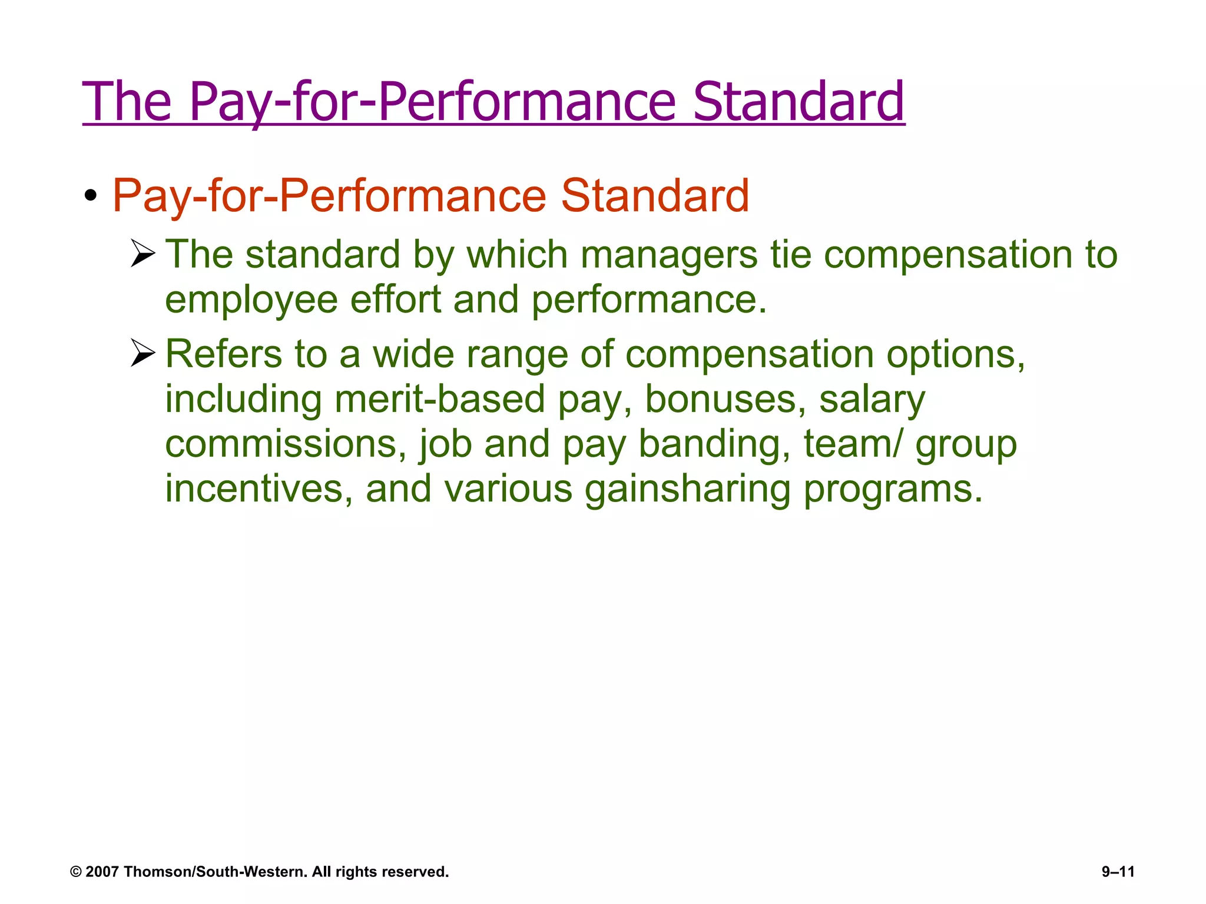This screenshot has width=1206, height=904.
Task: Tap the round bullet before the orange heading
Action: click(90, 195)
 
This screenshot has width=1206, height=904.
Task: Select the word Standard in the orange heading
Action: click(655, 195)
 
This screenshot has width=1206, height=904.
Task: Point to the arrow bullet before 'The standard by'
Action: click(143, 254)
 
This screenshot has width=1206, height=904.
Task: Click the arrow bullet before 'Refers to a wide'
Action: click(143, 353)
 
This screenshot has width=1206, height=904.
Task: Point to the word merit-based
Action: click(439, 399)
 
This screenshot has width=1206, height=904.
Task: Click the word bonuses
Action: click(725, 399)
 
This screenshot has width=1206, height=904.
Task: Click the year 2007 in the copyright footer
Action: click(102, 872)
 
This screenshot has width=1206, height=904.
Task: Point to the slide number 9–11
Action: click(1118, 872)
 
